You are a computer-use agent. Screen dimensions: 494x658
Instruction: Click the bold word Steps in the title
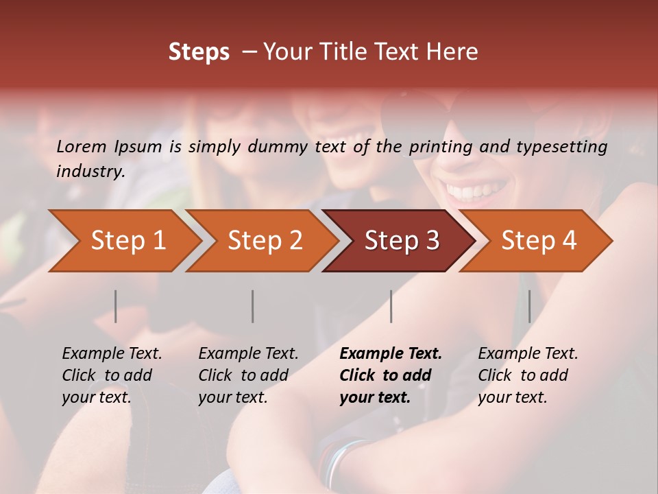coord(199,52)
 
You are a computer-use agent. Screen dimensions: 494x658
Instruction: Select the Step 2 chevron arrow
coord(265,241)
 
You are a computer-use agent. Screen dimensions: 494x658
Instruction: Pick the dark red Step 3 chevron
coord(401,241)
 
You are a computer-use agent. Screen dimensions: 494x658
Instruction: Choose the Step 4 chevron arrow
coord(538,241)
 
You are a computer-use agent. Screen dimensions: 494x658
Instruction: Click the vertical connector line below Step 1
coord(116,306)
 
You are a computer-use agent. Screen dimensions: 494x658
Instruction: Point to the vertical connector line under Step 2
coord(253,306)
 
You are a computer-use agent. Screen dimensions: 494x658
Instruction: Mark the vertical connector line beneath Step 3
coord(391,306)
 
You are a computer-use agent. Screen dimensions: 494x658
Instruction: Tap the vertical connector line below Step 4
coord(529,306)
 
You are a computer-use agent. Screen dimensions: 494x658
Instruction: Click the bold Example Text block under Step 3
coord(391,375)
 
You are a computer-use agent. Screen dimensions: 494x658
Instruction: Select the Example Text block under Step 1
coord(112,375)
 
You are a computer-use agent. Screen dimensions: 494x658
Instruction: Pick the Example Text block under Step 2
coord(248,375)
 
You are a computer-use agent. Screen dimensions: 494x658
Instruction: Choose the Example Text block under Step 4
coord(528,375)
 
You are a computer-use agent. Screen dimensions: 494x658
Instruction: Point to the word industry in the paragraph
coord(90,172)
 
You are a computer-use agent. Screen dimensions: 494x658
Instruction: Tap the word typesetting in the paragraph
coord(570,146)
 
